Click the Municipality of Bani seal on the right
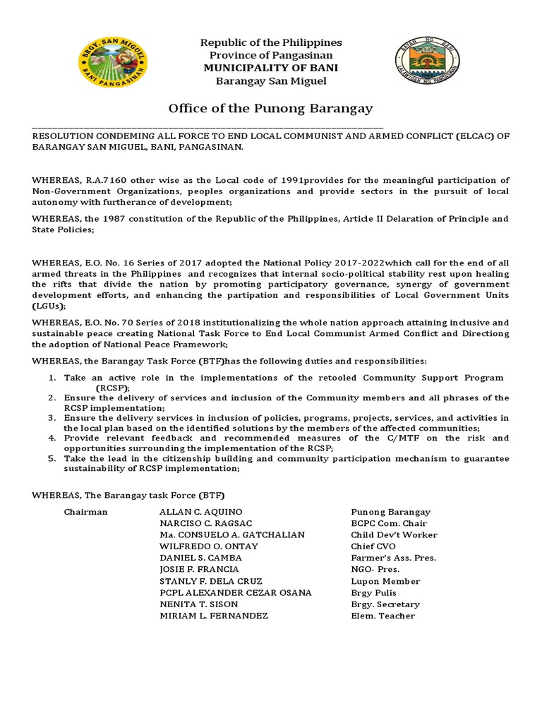point(429,62)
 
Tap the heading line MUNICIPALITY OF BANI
point(271,68)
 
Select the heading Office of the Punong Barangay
point(270,108)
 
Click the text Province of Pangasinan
point(271,55)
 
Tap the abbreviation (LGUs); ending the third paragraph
point(49,306)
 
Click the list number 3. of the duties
point(52,418)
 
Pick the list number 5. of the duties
point(52,458)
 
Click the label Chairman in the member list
point(85,512)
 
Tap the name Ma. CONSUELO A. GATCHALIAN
point(232,535)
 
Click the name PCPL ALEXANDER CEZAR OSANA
point(236,592)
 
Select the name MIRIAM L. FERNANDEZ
point(214,616)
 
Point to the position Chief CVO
point(373,546)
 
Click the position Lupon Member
point(385,581)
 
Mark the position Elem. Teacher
point(383,616)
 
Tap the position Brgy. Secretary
point(385,604)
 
